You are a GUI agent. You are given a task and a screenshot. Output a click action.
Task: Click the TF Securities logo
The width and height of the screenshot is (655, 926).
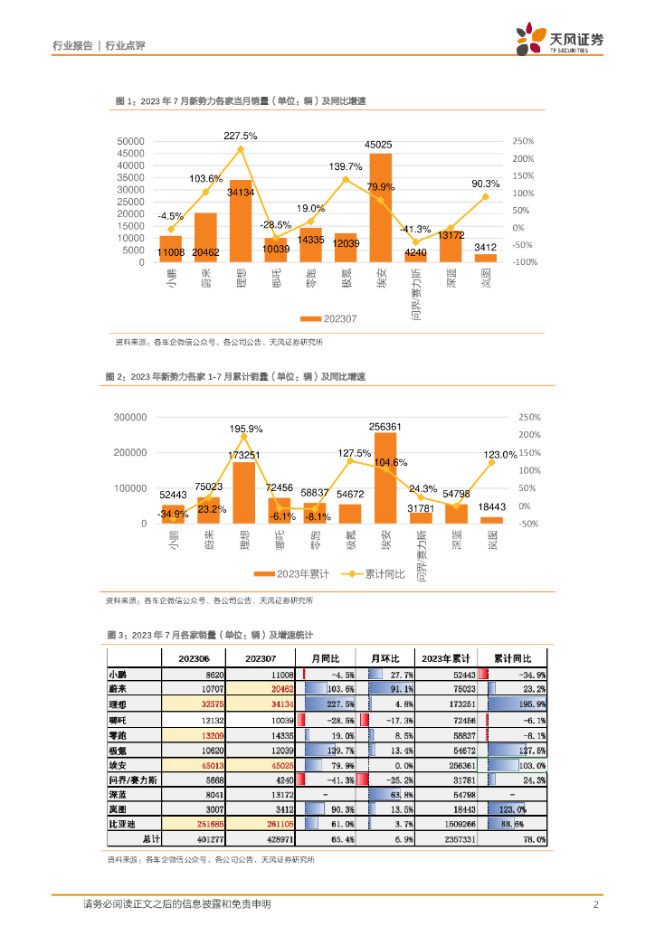pos(559,40)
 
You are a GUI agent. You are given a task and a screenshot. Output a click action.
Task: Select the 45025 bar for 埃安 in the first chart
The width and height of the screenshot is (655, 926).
pos(381,208)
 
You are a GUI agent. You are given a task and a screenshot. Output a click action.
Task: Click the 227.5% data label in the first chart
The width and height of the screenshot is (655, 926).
pos(241,136)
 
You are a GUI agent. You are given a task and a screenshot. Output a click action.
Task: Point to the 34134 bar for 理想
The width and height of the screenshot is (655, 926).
pos(241,222)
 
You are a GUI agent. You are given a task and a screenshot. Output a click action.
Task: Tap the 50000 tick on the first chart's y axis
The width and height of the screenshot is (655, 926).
pos(131,142)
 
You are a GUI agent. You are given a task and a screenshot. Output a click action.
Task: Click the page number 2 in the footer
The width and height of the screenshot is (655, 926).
pos(596,904)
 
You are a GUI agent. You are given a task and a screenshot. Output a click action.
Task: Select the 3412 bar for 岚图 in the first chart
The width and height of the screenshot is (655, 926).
pos(486,258)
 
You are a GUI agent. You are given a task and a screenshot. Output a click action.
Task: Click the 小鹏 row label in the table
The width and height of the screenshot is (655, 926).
pos(119,675)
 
